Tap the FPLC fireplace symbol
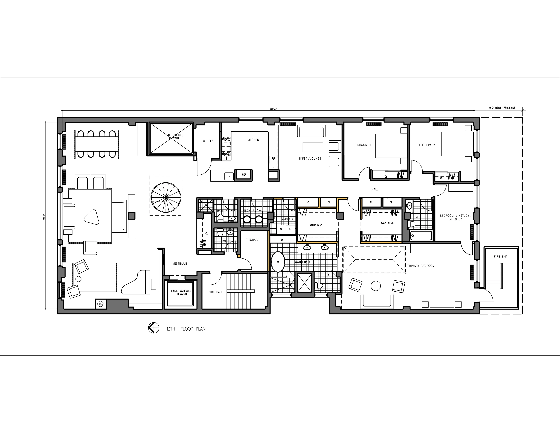tap(100, 304)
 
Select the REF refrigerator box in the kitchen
tap(244, 175)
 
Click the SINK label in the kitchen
tap(273, 158)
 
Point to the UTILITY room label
tap(208, 141)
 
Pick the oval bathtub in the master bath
tap(278, 262)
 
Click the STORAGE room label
tap(253, 240)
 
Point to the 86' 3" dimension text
tap(273, 109)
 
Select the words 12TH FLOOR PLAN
tap(186, 329)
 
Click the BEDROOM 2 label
tap(426, 145)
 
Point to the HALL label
tap(375, 189)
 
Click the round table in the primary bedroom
tap(376, 286)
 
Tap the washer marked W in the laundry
tap(281, 229)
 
